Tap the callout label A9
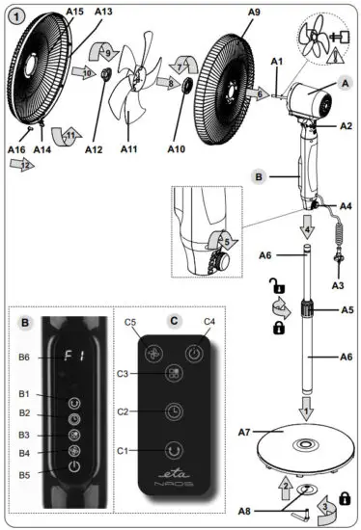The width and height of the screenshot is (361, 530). point(227,10)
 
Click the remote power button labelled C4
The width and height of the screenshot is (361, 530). point(194,353)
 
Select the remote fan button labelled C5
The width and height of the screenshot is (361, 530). point(153,353)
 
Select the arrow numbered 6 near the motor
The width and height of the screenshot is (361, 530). point(260,94)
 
